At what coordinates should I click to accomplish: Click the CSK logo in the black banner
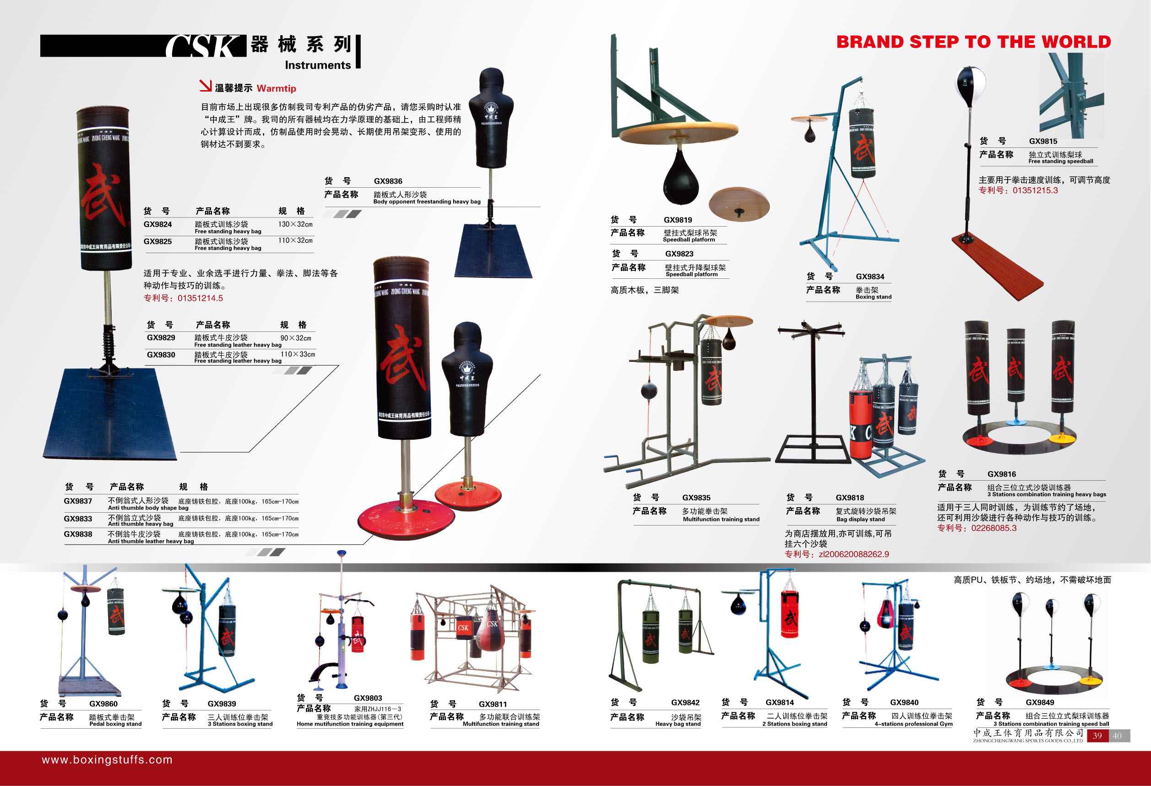205,46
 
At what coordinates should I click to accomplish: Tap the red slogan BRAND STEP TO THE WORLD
974,42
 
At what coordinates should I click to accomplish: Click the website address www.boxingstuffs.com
108,760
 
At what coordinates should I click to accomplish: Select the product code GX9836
388,181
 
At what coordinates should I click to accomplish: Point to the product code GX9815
1043,141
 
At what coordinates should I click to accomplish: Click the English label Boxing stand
873,297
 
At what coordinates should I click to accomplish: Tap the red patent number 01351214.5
200,298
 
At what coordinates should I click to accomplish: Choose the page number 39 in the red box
1097,736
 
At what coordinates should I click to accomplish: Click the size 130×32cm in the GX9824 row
295,224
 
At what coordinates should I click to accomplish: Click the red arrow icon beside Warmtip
206,86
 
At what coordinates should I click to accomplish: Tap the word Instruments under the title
317,65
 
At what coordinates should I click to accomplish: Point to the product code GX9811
492,704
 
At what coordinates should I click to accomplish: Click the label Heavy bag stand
678,724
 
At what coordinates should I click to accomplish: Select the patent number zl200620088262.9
854,554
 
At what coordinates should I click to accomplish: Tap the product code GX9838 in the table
78,534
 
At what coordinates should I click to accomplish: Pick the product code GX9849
1040,702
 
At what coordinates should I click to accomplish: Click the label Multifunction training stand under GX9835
721,520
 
